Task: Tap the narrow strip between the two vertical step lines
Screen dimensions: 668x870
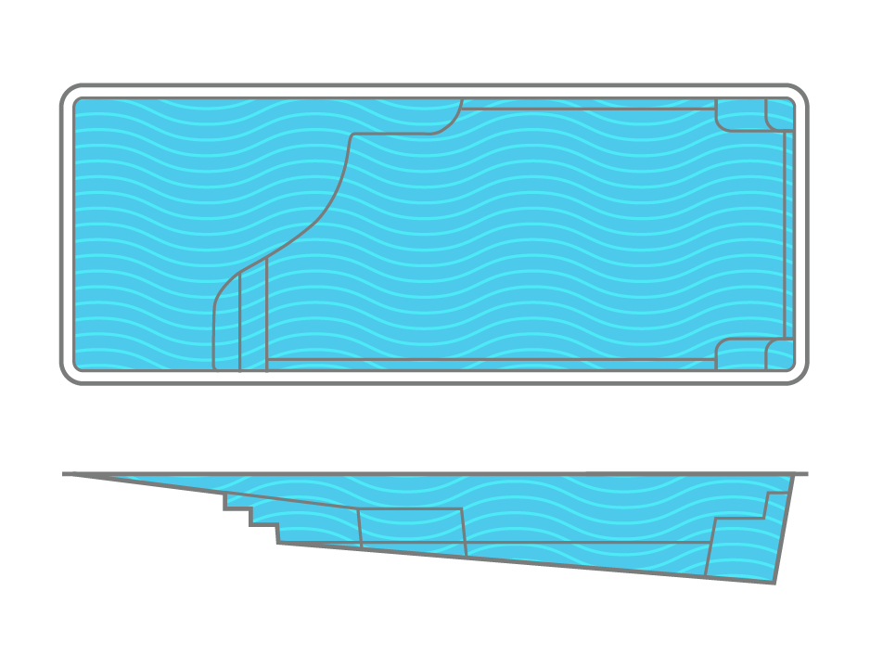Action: click(253, 320)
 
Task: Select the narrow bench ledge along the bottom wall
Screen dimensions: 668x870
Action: click(492, 364)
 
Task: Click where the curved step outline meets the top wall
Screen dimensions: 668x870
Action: click(462, 99)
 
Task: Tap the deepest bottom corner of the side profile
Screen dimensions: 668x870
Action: click(774, 583)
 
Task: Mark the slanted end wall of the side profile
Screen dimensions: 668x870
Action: click(784, 529)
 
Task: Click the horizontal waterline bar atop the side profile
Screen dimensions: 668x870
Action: click(436, 474)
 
